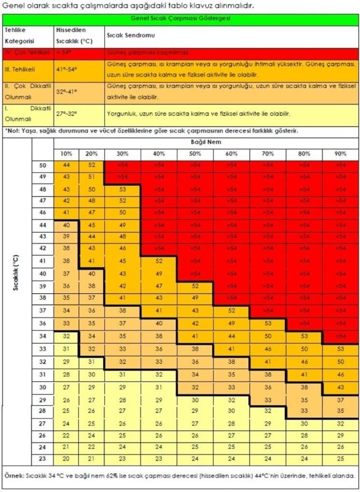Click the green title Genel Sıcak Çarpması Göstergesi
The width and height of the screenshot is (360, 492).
click(180, 19)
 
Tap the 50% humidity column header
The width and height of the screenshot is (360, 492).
click(195, 154)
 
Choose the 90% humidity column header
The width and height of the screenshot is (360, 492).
click(341, 154)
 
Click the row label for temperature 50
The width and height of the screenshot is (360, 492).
click(42, 165)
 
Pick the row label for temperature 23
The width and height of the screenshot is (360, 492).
click(42, 459)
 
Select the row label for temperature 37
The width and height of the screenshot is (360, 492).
click(42, 310)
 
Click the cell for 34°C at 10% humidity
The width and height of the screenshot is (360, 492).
click(66, 336)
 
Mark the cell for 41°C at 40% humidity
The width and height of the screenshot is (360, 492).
click(159, 261)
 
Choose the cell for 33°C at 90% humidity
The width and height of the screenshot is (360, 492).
click(341, 348)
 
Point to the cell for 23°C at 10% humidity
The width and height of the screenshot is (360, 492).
click(66, 459)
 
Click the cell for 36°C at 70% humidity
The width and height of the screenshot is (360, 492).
click(268, 323)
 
